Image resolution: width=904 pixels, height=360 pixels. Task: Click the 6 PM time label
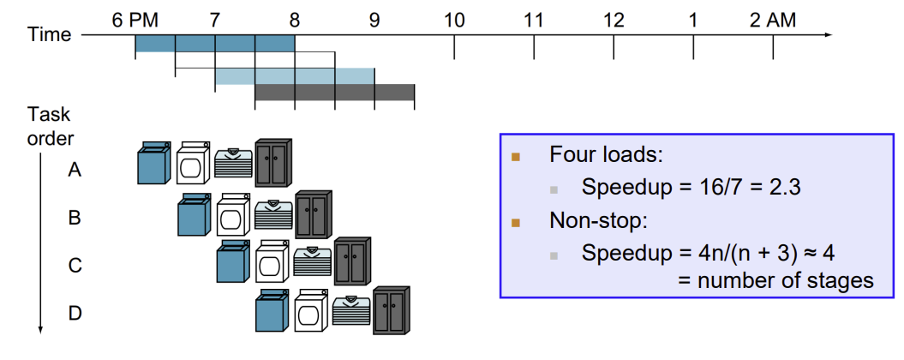pos(135,20)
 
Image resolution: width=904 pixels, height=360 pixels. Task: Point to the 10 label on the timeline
pos(454,20)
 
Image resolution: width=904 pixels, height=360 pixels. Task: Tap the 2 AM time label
pos(773,20)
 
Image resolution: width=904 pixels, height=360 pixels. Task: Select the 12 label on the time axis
pos(614,20)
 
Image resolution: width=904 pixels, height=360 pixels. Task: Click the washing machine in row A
pos(154,164)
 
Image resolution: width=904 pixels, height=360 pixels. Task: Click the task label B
pos(75,218)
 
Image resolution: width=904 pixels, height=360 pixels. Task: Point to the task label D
pos(75,314)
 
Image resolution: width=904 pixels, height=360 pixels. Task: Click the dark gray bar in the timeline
pos(334,93)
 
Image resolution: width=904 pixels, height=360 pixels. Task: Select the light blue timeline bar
pos(295,76)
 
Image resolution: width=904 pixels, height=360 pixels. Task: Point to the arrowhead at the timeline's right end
pos(826,35)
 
